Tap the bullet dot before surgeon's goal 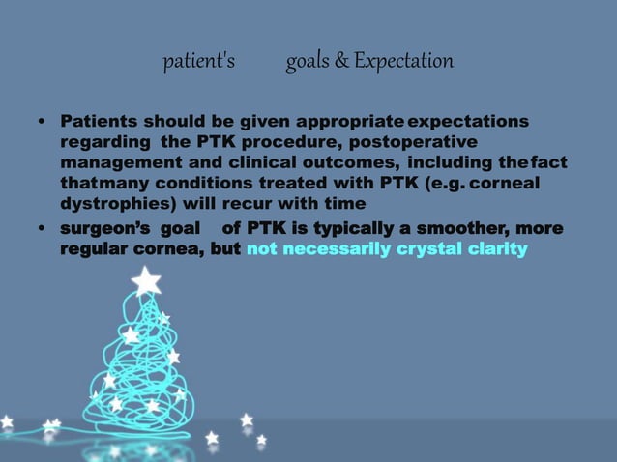41,230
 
